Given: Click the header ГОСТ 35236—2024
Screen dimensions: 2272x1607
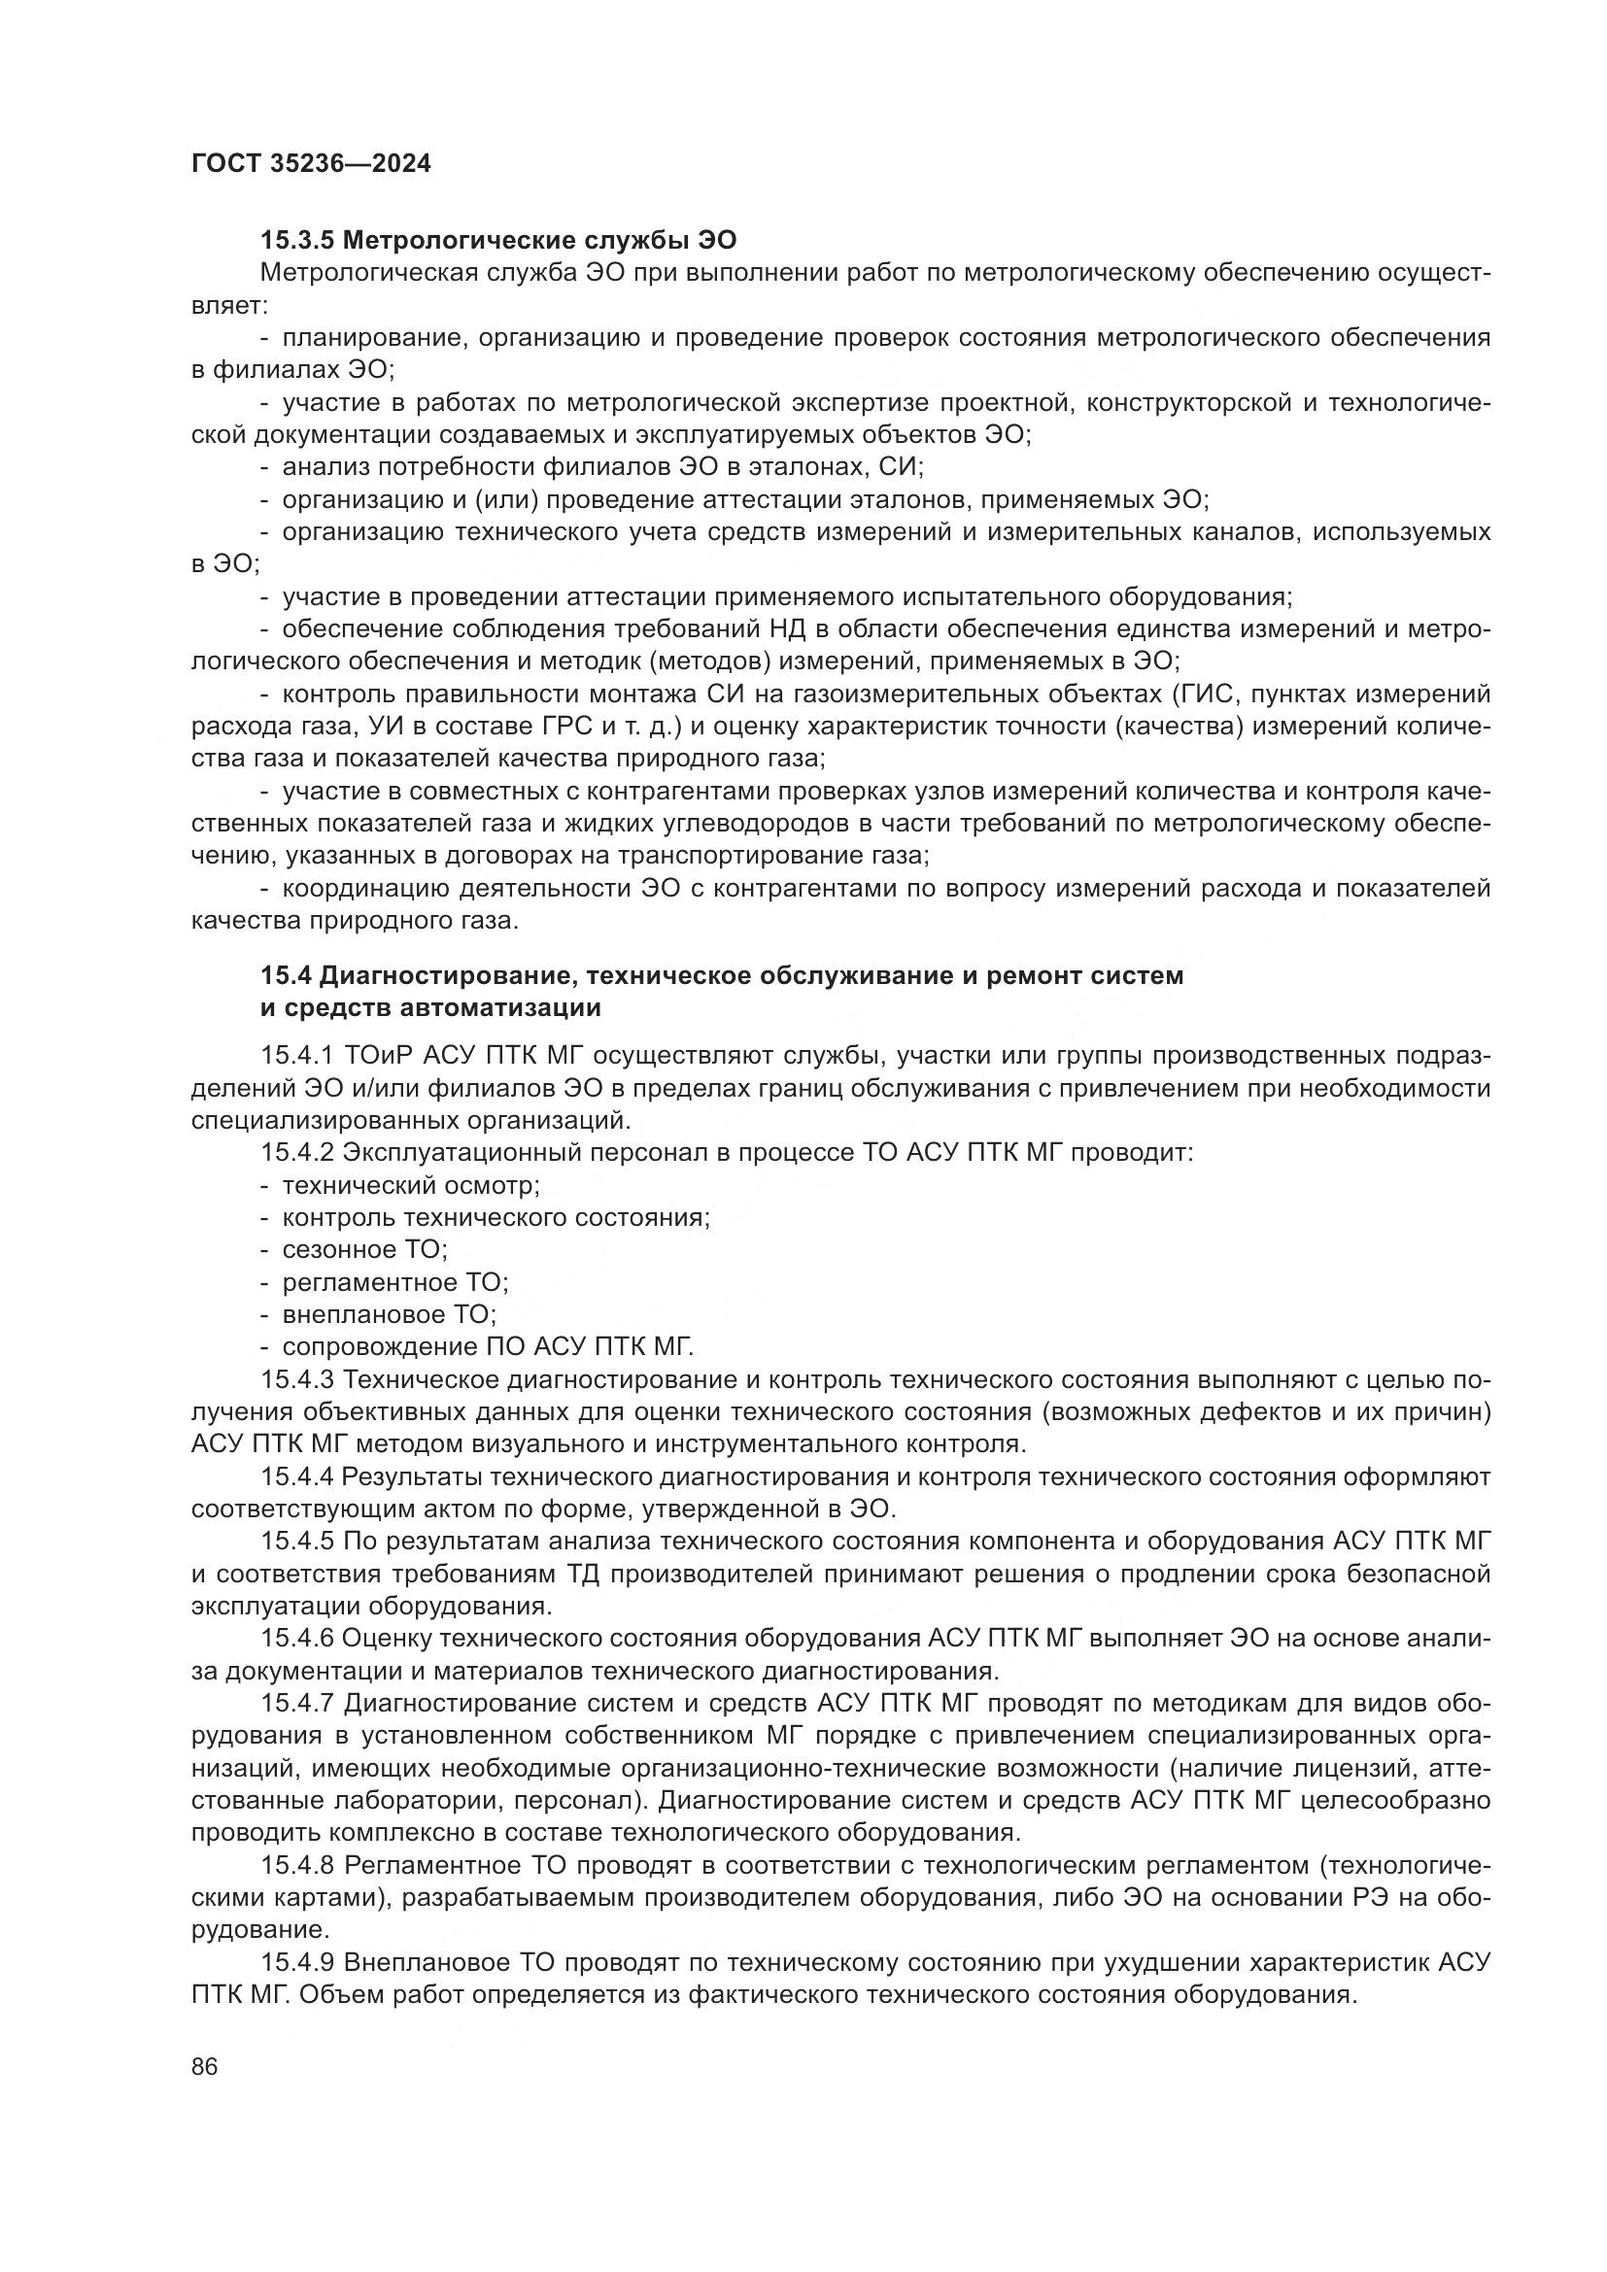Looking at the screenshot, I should (x=311, y=163).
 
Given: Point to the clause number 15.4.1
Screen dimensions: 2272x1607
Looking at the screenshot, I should (x=297, y=1057).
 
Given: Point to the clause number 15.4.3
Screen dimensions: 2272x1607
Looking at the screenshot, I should (x=297, y=1379).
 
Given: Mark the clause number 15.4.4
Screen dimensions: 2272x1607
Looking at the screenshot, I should (x=297, y=1476).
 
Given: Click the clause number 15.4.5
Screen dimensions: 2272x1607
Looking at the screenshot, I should (x=297, y=1541).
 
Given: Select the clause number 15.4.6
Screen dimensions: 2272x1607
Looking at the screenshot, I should (x=297, y=1638).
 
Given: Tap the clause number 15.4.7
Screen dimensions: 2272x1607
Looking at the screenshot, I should (x=297, y=1702).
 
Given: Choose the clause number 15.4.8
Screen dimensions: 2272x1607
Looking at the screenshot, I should (x=297, y=1865).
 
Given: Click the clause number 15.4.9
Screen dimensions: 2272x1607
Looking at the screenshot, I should (x=297, y=1961).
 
